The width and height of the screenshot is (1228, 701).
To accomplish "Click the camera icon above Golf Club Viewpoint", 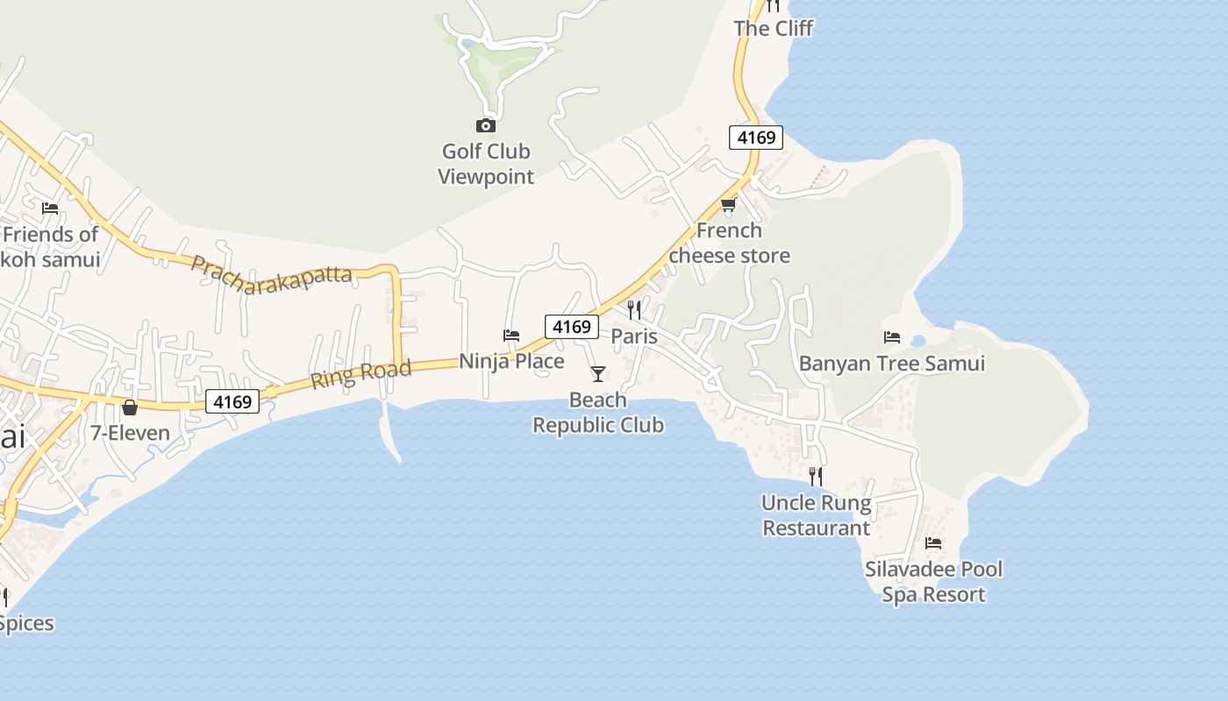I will pos(485,125).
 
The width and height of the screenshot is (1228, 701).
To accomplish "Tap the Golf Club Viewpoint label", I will pos(485,164).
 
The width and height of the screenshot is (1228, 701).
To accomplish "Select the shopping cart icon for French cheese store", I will pos(728,205).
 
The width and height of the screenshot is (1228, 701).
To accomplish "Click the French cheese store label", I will pos(729,243).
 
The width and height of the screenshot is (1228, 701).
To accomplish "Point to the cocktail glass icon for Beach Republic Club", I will pos(598,374).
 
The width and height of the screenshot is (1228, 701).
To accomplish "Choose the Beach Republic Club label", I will pos(598,413).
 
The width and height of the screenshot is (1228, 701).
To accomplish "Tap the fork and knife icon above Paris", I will pos(634,310).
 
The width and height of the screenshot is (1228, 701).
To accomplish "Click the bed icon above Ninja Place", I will pos(511,335).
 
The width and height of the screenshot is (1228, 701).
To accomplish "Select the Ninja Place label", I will pos(511,361).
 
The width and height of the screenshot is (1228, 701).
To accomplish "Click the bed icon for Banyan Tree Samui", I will pos(892,336).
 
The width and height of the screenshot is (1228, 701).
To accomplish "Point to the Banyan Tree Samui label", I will pos(892,364).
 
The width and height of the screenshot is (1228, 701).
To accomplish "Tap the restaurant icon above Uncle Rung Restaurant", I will pos(816,477).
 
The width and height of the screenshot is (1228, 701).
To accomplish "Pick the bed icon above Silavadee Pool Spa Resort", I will pos(933,543).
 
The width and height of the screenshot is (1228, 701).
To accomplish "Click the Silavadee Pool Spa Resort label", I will pos(933,582).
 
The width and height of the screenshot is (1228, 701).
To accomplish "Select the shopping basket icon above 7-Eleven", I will pos(130,407).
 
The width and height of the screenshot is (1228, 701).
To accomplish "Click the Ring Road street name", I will pos(361,374).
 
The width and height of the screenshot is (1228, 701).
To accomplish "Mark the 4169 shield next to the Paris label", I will pos(572,327).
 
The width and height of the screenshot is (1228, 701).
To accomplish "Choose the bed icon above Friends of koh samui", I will pos(50,209).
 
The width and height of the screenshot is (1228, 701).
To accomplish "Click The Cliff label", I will pos(773,28).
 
